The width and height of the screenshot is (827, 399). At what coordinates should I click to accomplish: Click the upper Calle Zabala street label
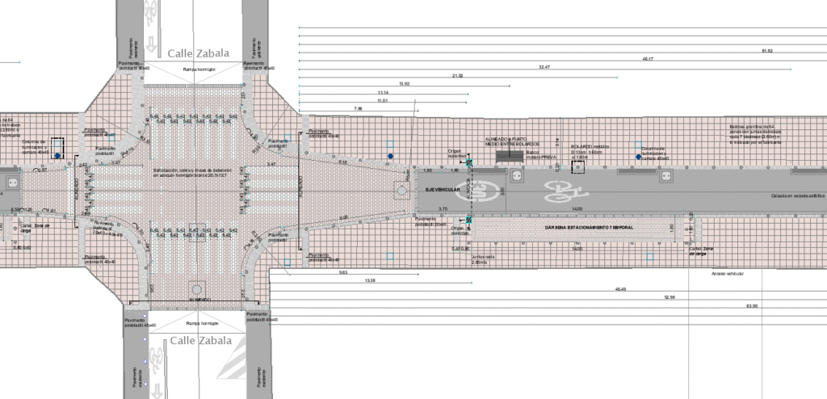pos(199,53)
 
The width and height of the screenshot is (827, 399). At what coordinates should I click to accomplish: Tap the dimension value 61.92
pos(767,51)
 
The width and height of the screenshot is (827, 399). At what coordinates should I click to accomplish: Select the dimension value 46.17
pos(648,59)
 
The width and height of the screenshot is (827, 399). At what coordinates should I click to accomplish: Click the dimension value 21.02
pos(456,75)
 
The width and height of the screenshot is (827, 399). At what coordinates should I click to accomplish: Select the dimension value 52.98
pos(670,297)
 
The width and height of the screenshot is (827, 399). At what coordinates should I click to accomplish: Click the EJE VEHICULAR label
pos(437,188)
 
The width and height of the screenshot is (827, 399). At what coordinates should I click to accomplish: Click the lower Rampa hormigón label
pos(199,323)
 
